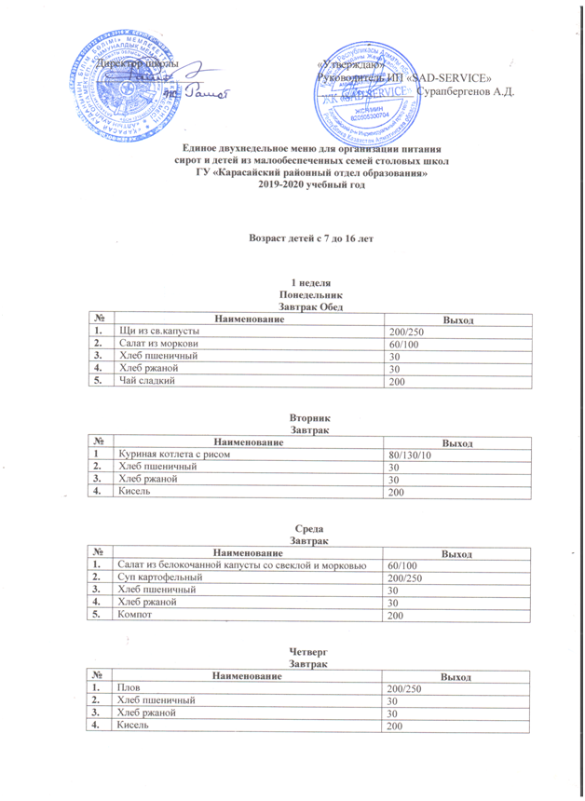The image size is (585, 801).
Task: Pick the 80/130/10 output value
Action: tap(409, 455)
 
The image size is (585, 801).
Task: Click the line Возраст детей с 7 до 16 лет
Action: tap(309, 238)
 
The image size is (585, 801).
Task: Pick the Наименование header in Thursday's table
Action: tap(244, 674)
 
